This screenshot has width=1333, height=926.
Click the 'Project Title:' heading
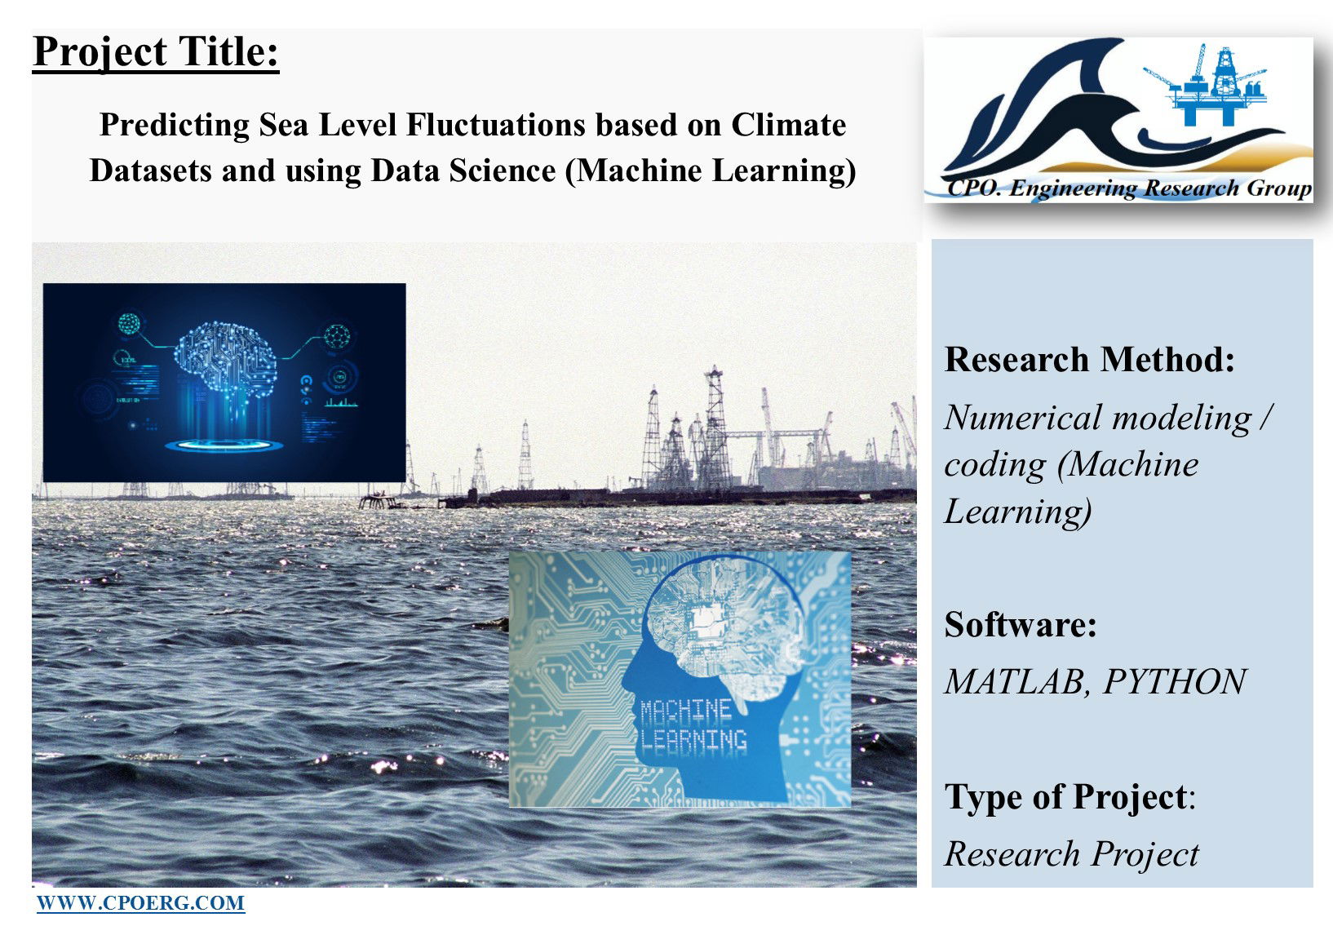(x=156, y=52)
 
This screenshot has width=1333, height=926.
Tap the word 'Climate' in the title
(x=789, y=125)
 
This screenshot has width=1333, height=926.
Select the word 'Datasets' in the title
(x=151, y=171)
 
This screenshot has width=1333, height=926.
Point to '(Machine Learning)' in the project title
(x=711, y=171)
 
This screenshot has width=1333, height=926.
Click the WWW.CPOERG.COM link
(x=140, y=903)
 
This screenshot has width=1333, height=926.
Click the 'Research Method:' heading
(x=1090, y=360)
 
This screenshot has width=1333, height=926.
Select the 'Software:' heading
(x=1021, y=624)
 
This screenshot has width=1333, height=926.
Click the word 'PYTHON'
(x=1175, y=681)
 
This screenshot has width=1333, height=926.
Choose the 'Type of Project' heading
(x=1066, y=796)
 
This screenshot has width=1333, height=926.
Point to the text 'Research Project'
(x=1072, y=854)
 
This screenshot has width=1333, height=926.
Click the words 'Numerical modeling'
(x=1099, y=418)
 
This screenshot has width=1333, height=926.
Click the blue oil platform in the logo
(x=1208, y=86)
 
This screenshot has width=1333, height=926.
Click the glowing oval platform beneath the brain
(x=224, y=445)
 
